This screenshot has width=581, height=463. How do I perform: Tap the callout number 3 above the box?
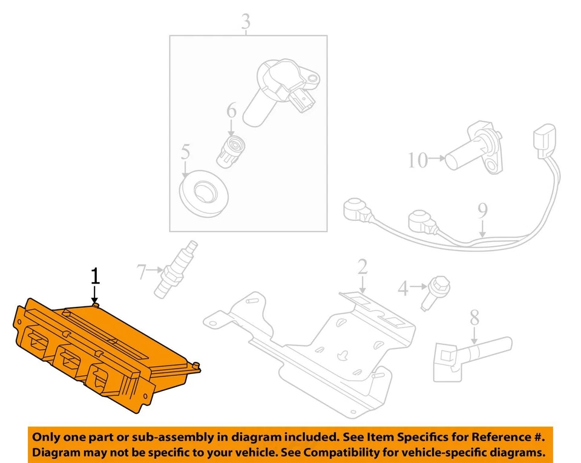click(245, 22)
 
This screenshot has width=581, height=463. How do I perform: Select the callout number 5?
click(185, 152)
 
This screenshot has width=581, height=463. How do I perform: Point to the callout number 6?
click(231, 111)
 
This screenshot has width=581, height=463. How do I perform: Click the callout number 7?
click(141, 272)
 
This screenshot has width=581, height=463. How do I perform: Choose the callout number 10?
click(417, 160)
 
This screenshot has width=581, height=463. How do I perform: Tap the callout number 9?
click(482, 211)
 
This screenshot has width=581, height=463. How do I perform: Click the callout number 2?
click(362, 267)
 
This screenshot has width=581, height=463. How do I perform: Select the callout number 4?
click(403, 289)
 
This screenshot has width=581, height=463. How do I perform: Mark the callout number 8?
click(474, 317)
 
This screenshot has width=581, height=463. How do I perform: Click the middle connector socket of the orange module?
click(68, 361)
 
